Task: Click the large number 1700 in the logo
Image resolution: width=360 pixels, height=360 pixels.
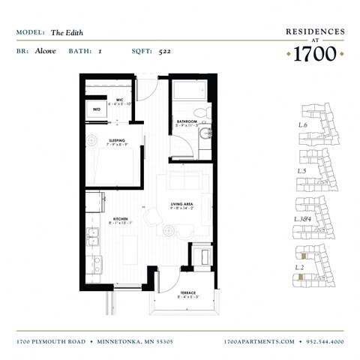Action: (x=316, y=54)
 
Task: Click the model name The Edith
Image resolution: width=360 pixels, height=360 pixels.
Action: (x=64, y=32)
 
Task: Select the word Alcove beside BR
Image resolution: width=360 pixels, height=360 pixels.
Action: (x=45, y=52)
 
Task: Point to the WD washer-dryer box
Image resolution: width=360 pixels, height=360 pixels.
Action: (x=96, y=109)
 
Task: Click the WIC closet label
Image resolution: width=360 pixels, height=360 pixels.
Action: (x=119, y=100)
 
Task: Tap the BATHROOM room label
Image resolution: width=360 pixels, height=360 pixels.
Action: (x=187, y=122)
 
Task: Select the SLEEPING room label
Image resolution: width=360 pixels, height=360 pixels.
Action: (x=116, y=141)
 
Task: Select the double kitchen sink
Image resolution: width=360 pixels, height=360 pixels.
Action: (x=94, y=238)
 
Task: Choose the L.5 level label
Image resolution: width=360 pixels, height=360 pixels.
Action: (x=303, y=171)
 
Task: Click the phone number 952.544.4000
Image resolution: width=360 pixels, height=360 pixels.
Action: (x=325, y=341)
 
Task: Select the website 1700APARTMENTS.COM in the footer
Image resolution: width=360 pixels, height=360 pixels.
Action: (x=259, y=341)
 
